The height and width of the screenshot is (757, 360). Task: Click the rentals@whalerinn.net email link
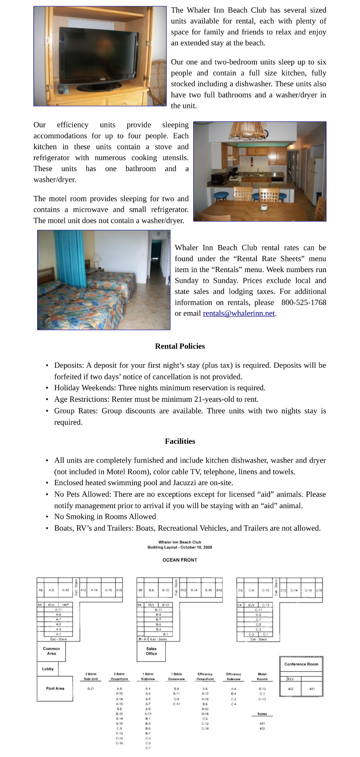coord(239,313)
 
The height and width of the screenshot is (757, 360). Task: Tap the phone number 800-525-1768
coord(304,302)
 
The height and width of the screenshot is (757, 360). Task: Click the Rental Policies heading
coord(180,346)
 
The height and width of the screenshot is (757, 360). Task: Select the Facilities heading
coord(180,441)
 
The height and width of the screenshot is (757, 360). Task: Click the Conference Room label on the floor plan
coord(301,664)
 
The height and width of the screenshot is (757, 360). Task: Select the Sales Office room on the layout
coord(151,651)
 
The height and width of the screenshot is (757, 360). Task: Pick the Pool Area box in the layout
coord(55,689)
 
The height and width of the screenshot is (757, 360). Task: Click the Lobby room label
coord(48,669)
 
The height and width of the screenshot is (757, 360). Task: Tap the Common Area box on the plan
coord(51,651)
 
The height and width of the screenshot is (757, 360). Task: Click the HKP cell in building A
coord(66,605)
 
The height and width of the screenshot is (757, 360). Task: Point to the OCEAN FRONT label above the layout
coord(180,560)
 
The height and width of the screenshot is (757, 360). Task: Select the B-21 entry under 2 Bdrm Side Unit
coord(91,689)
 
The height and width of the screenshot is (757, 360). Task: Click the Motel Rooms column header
coord(262,677)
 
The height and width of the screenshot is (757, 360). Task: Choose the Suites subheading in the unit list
coord(262,714)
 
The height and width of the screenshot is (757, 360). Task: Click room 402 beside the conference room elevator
coord(290,689)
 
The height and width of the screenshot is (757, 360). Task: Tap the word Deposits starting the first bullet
coord(69,365)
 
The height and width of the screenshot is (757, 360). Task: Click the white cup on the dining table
coord(264,207)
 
